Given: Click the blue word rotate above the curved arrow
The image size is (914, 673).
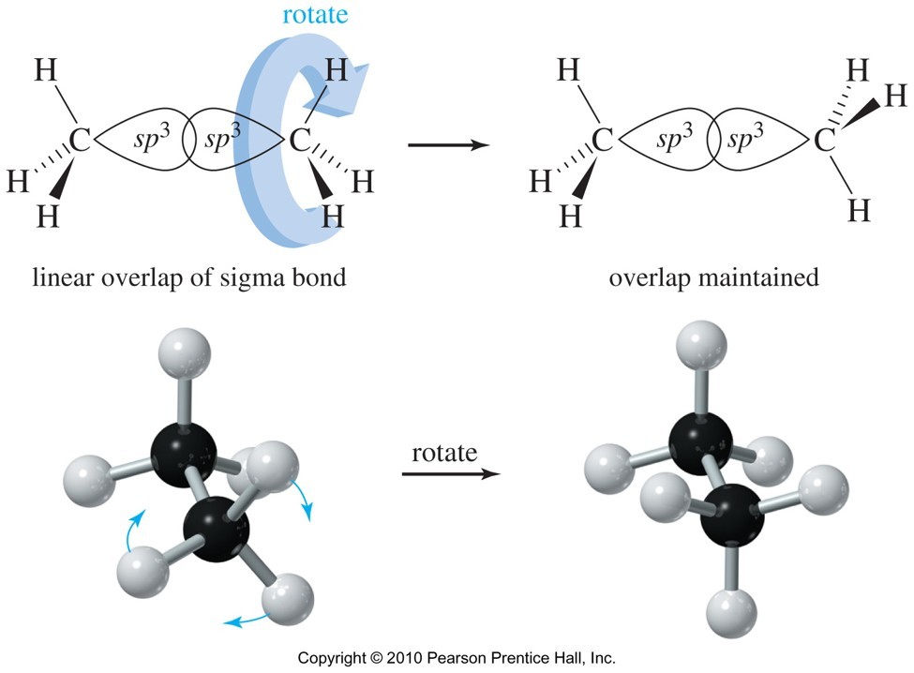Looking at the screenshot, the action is pyautogui.click(x=315, y=14).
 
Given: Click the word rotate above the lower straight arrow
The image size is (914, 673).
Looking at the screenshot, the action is pyautogui.click(x=444, y=453).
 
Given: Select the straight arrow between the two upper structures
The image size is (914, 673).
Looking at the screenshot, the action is pyautogui.click(x=449, y=144).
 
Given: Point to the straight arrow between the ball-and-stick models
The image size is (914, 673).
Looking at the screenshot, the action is pyautogui.click(x=451, y=473).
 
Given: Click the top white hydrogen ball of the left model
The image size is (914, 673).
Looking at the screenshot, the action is pyautogui.click(x=185, y=353).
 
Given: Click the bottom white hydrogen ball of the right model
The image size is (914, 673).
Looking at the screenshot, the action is pyautogui.click(x=731, y=613).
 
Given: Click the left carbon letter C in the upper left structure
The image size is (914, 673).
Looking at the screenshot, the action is pyautogui.click(x=80, y=140).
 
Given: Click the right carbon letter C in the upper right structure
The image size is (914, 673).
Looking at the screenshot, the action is pyautogui.click(x=825, y=141).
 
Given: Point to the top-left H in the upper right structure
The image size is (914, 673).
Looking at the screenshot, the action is pyautogui.click(x=568, y=70).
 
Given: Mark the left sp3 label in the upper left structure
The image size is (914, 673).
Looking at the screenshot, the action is pyautogui.click(x=152, y=138).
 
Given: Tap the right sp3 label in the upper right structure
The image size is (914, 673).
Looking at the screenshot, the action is pyautogui.click(x=745, y=138).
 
